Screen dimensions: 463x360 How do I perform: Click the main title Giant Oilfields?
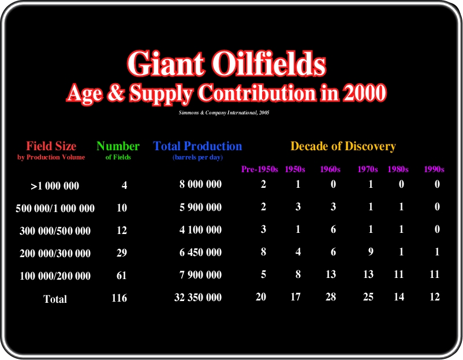[x=226, y=63]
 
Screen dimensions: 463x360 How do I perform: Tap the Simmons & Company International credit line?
[x=224, y=113]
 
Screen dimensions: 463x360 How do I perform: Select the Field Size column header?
[x=51, y=146]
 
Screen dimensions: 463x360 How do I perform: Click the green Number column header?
[x=118, y=146]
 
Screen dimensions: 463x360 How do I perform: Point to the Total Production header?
[x=197, y=146]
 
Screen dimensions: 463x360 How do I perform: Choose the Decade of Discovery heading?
[x=343, y=146]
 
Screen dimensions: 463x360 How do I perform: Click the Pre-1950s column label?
[x=260, y=169]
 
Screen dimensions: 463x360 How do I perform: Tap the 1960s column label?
[x=330, y=169]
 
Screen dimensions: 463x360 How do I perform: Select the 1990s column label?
[x=434, y=169]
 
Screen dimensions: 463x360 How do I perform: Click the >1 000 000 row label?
[x=55, y=186]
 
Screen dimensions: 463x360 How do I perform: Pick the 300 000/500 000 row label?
[x=55, y=231]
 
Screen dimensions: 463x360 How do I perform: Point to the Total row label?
[x=55, y=299]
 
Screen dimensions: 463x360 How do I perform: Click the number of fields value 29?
[x=122, y=253]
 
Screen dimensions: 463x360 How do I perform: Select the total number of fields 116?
[x=120, y=298]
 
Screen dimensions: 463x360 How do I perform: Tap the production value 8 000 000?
[x=200, y=184]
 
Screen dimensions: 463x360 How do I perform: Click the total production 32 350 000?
[x=198, y=297]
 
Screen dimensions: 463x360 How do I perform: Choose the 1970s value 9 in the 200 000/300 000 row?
[x=371, y=251]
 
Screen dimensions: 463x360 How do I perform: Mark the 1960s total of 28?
[x=331, y=297]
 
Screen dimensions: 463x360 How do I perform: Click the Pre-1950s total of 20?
[x=261, y=297]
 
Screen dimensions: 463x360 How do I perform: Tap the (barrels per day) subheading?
[x=197, y=157]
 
